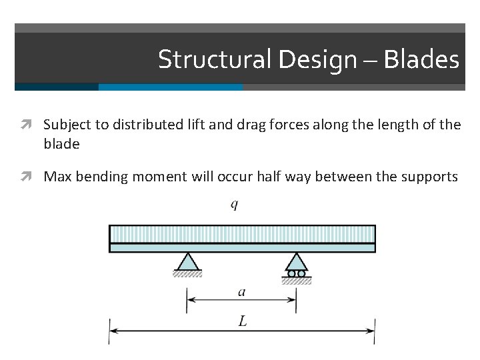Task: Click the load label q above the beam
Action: (234, 204)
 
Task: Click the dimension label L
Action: (242, 321)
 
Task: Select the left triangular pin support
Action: (187, 261)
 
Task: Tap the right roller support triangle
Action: (297, 261)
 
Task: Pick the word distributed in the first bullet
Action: (139, 124)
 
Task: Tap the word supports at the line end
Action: (433, 177)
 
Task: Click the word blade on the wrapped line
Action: (61, 143)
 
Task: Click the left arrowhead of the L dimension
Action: (114, 330)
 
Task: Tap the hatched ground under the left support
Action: (187, 273)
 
